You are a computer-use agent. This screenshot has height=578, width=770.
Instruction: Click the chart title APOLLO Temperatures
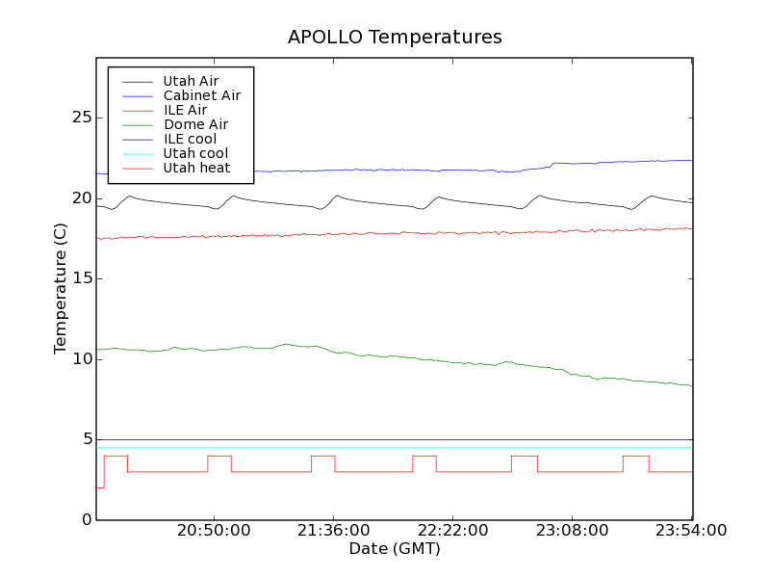(395, 38)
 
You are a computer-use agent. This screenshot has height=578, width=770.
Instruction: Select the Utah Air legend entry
(191, 81)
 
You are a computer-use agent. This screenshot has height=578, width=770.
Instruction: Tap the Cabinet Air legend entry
(201, 95)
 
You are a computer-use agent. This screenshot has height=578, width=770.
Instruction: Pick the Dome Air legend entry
(195, 124)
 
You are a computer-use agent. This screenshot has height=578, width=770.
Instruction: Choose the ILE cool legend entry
(190, 139)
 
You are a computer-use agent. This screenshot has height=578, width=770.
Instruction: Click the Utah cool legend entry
(195, 153)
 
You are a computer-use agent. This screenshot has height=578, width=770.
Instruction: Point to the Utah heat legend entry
(196, 168)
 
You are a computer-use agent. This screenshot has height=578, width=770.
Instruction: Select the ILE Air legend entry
(185, 110)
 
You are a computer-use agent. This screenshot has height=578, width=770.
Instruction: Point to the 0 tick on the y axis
(87, 520)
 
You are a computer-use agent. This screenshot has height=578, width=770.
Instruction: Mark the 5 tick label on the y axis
(87, 439)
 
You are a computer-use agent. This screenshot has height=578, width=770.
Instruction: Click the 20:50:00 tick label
(213, 532)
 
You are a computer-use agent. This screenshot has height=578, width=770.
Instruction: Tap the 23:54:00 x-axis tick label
(691, 532)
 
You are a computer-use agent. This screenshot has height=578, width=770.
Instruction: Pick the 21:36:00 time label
(333, 532)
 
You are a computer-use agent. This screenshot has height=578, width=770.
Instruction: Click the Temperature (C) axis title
(61, 288)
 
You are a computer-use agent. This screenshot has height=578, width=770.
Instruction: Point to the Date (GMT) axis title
(395, 549)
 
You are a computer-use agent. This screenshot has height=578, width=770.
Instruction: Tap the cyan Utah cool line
(385, 447)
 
